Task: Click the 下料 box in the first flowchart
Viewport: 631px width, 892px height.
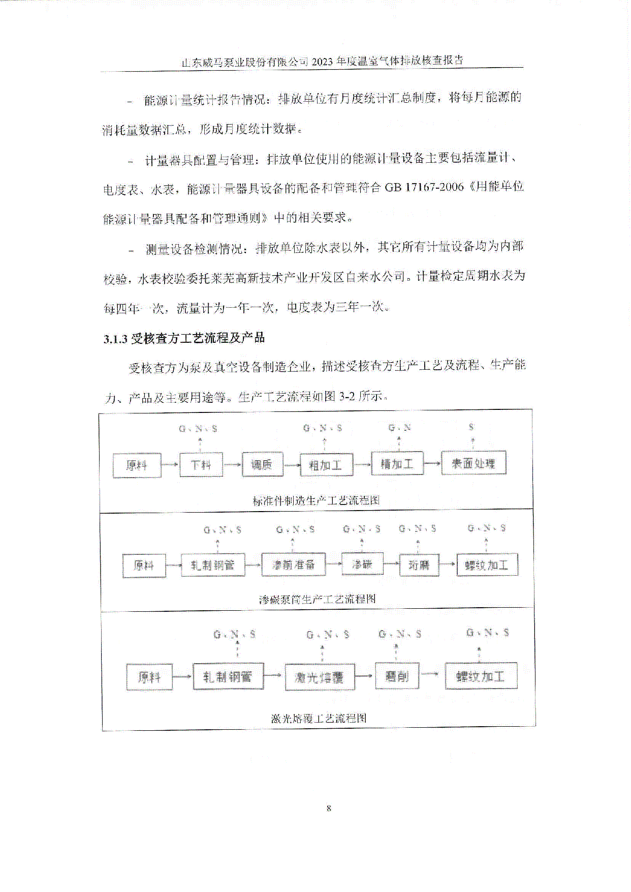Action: tap(201, 465)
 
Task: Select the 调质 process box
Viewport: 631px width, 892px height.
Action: tap(262, 464)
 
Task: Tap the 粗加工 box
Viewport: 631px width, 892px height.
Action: tap(326, 464)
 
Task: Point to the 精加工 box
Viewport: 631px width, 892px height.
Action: tap(397, 464)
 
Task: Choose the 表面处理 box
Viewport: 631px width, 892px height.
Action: tap(474, 463)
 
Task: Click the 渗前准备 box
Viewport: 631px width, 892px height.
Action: tap(293, 565)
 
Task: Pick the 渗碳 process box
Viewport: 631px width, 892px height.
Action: tap(362, 564)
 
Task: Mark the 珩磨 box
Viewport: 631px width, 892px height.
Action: tap(419, 565)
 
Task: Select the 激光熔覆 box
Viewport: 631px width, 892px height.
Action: tap(320, 677)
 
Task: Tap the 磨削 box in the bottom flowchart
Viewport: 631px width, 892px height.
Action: tap(397, 676)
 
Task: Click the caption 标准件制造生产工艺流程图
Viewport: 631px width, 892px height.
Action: tap(316, 500)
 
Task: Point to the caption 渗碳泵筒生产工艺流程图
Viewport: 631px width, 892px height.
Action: tap(318, 599)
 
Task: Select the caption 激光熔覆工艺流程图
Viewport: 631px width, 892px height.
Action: tap(319, 718)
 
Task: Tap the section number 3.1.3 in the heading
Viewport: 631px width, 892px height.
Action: tap(115, 339)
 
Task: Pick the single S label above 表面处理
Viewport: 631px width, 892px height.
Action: tap(471, 427)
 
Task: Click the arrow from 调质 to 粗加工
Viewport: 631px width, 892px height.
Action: tap(291, 465)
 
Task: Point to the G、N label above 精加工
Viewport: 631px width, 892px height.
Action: tap(399, 428)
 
